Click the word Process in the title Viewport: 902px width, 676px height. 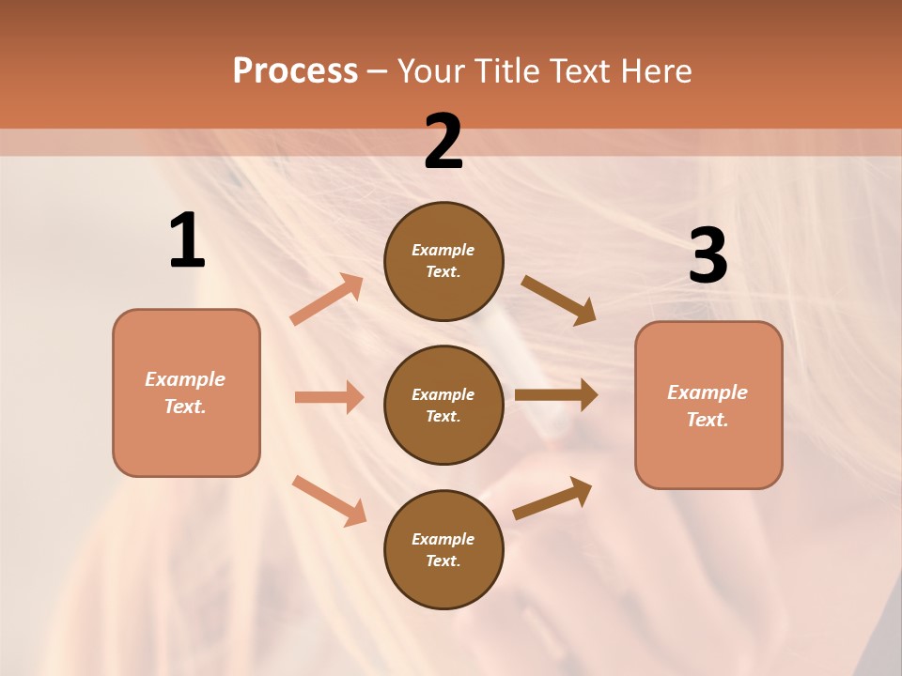point(295,71)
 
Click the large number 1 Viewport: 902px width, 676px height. point(187,240)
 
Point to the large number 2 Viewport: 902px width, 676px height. point(443,142)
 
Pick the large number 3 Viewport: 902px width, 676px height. point(708,256)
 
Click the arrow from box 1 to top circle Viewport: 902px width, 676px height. point(326,300)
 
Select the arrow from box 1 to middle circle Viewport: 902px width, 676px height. point(329,397)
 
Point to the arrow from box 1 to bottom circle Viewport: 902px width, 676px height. point(329,499)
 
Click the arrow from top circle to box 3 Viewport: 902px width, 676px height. point(558,300)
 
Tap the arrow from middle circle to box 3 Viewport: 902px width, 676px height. point(556,394)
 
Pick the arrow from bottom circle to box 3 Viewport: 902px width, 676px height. point(552,498)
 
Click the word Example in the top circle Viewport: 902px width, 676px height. point(443,251)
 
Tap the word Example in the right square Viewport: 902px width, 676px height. point(708,392)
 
